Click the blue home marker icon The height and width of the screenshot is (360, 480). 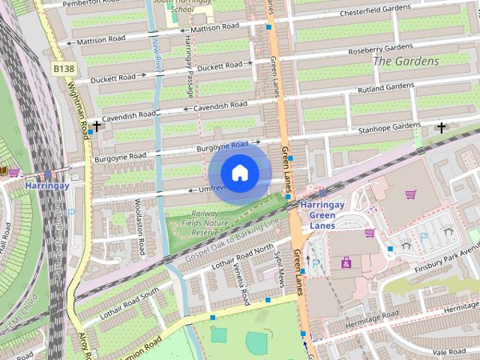click(239, 173)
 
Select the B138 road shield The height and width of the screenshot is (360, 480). click(64, 68)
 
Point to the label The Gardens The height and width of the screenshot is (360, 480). click(405, 61)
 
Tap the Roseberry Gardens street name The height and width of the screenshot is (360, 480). click(380, 49)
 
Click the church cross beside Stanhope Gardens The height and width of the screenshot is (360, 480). click(442, 127)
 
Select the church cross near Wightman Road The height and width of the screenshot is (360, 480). click(96, 126)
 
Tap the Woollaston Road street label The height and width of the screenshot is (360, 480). click(139, 218)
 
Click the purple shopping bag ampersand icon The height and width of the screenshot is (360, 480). click(346, 262)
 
